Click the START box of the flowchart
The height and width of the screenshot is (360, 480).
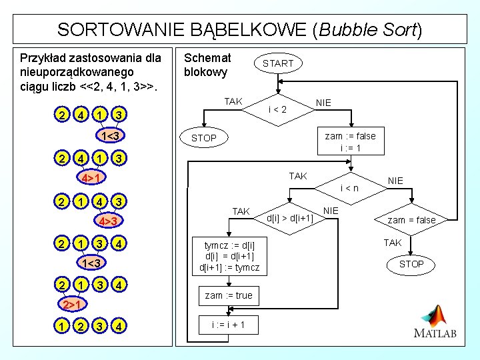tap(278, 63)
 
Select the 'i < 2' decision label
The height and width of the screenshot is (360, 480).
tap(277, 109)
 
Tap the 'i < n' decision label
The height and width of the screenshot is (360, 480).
tap(350, 188)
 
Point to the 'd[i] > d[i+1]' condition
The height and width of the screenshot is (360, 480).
tap(290, 217)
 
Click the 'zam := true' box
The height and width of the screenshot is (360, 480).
tap(229, 295)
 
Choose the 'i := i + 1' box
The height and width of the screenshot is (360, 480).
tap(229, 325)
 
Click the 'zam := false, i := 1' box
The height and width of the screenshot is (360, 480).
tap(350, 142)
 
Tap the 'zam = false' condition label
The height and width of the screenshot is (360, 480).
tap(412, 220)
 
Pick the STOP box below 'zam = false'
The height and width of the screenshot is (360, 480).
tap(411, 264)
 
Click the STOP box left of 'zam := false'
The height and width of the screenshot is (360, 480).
tap(204, 139)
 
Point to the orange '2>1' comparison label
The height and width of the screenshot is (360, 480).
tap(71, 305)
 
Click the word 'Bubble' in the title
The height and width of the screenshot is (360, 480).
tap(349, 30)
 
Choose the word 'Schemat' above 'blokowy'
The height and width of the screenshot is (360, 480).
tap(207, 58)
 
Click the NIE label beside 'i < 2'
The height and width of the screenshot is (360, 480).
tap(324, 103)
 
